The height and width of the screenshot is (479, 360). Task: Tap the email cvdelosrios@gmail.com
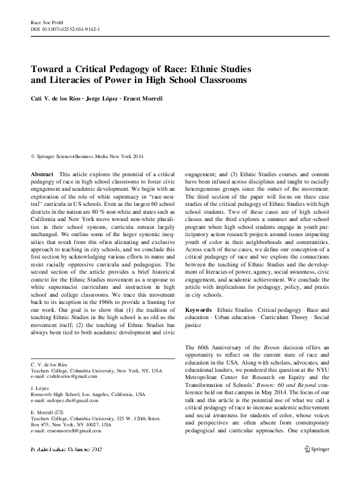pos(65,377)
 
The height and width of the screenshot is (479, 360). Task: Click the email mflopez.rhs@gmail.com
pos(66,401)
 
